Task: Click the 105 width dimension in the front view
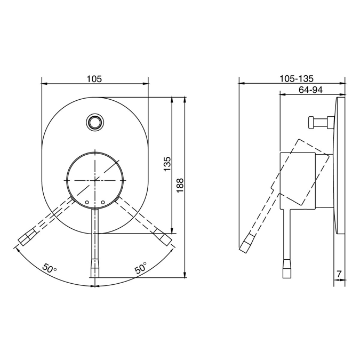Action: pyautogui.click(x=94, y=79)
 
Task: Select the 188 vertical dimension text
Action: pyautogui.click(x=180, y=185)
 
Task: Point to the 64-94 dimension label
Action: pyautogui.click(x=310, y=90)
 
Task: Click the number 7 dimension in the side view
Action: pyautogui.click(x=339, y=274)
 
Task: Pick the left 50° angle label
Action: pyautogui.click(x=50, y=269)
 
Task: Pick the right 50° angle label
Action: pyautogui.click(x=140, y=269)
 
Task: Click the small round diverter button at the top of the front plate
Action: pyautogui.click(x=95, y=122)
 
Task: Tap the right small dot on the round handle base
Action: pyautogui.click(x=102, y=203)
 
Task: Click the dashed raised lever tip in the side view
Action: pyautogui.click(x=247, y=244)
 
